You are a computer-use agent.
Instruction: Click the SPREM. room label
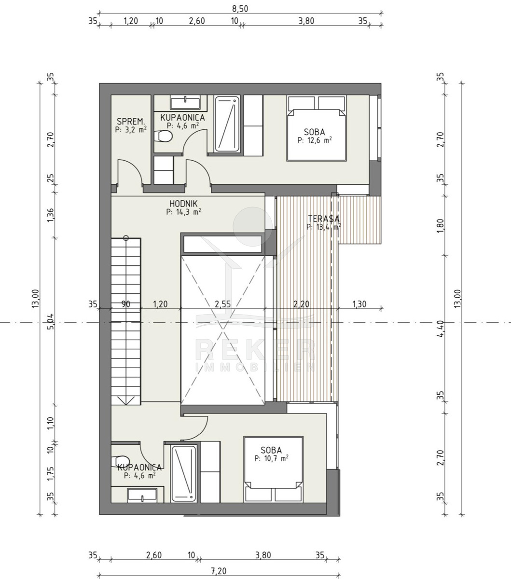coord(131,122)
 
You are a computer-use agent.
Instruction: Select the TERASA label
coord(324,219)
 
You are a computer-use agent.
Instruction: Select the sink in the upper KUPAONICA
coord(185,103)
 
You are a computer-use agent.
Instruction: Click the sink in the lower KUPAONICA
coord(142,495)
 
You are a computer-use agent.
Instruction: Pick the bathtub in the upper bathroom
coord(227,124)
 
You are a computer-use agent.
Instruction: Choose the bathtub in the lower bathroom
coord(184,473)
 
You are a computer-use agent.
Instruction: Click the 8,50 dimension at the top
coord(240,9)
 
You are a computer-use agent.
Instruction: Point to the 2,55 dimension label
coord(222,304)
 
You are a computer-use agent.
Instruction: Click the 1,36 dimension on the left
coord(50,215)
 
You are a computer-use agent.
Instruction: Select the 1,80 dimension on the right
coord(441,226)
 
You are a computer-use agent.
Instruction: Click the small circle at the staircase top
coord(126,238)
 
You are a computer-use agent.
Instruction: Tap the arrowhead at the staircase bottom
coord(126,400)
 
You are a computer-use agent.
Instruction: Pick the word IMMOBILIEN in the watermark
coord(256,367)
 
